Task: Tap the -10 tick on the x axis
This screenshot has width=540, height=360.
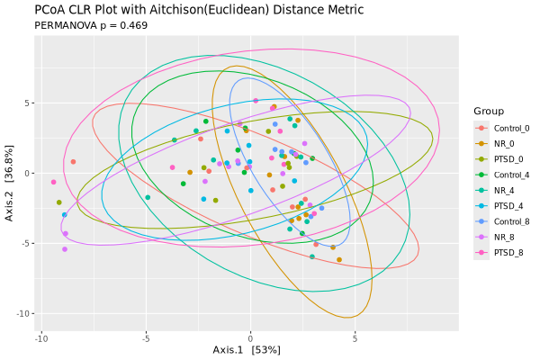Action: click(41, 338)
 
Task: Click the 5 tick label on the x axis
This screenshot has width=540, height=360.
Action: click(355, 338)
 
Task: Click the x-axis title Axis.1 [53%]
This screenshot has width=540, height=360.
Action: click(247, 349)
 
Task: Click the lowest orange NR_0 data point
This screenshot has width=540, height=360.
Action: click(339, 259)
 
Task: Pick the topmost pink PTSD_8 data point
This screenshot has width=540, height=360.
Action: click(256, 101)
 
